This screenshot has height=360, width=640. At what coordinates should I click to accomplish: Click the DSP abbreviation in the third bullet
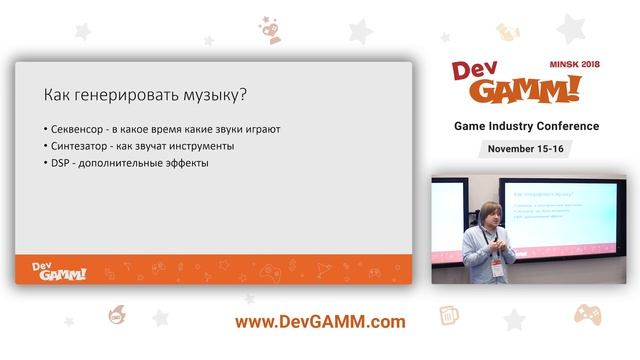pos(61,163)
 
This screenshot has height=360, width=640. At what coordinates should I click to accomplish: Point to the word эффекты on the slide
pos(183,163)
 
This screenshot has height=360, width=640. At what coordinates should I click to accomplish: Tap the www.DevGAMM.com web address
pos(320,322)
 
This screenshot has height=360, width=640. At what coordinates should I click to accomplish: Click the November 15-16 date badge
pos(526,148)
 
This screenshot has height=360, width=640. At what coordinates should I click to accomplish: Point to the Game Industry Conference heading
pos(526,126)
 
